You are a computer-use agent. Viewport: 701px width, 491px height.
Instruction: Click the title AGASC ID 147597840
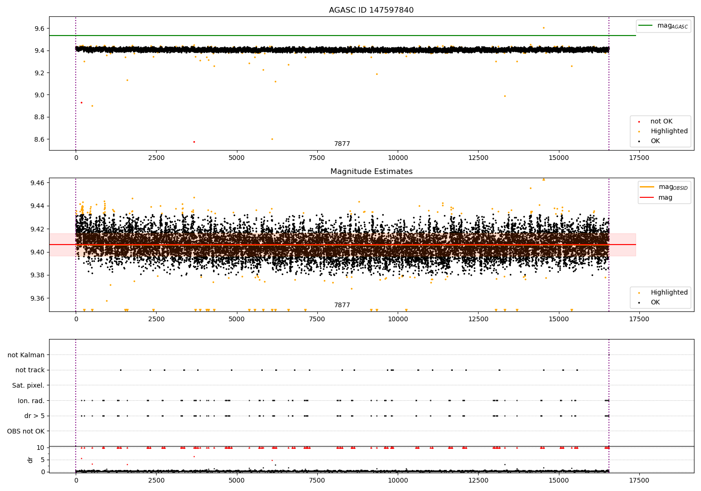[371, 10]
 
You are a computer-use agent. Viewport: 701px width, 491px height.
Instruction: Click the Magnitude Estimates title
[371, 172]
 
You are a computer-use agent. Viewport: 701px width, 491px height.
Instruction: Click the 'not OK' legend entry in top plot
[661, 122]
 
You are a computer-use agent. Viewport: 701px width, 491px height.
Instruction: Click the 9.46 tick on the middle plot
[36, 182]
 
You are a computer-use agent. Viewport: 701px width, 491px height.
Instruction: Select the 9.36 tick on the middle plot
[36, 298]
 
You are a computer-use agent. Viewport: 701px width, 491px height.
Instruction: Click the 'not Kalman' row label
[26, 355]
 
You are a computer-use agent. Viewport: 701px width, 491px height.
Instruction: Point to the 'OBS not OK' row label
[26, 431]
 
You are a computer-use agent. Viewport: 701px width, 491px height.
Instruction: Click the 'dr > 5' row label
[35, 416]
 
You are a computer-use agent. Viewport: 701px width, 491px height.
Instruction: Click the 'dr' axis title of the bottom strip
[30, 460]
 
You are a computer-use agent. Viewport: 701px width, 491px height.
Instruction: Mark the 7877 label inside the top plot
[342, 144]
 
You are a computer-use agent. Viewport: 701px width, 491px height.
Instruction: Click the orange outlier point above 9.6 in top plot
[544, 28]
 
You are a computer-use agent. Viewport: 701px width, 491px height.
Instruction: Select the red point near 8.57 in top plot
[194, 142]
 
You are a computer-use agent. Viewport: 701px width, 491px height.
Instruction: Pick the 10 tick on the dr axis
[41, 448]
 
